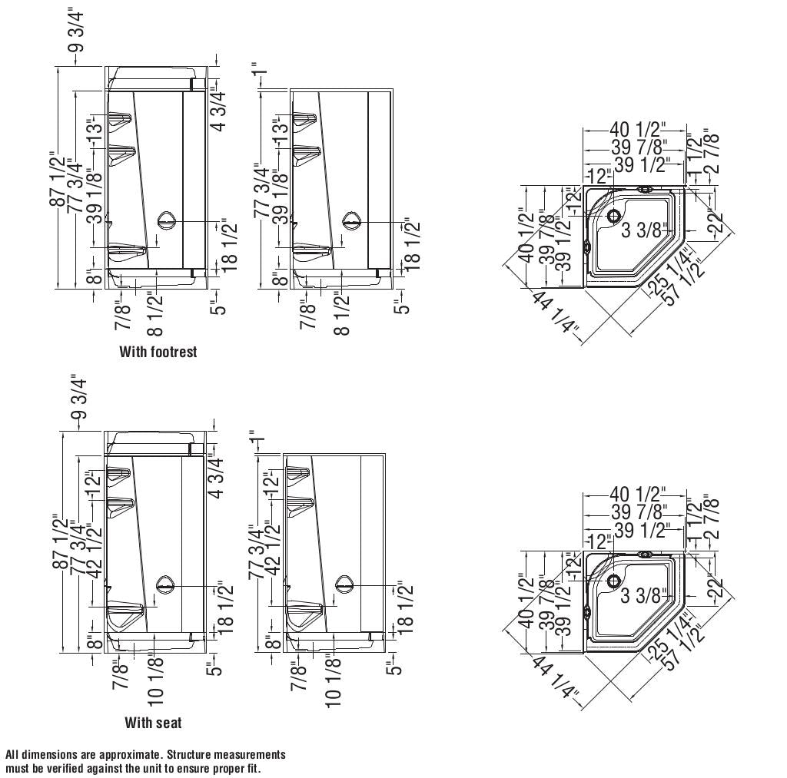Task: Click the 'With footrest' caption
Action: tap(158, 352)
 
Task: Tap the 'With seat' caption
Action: tap(153, 723)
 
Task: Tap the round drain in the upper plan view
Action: tap(613, 216)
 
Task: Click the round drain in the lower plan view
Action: tap(613, 581)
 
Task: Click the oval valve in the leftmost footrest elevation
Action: tap(168, 220)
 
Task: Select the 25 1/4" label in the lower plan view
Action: tap(666, 641)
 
